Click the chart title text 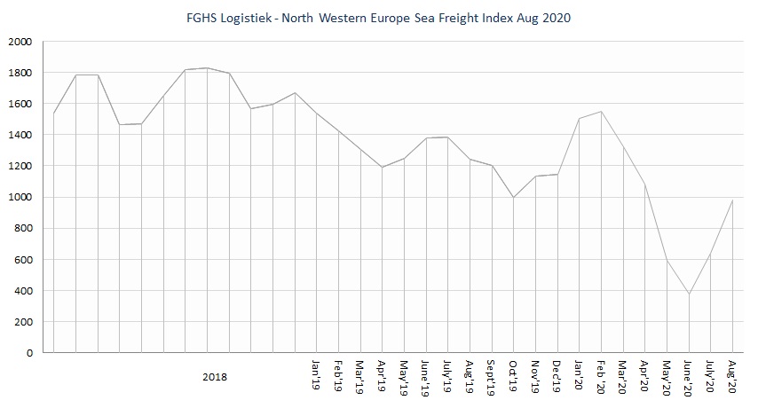[379, 18]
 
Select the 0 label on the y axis [28, 353]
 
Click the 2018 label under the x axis [214, 377]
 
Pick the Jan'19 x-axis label [316, 373]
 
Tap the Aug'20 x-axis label [731, 373]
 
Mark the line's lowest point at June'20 [688, 294]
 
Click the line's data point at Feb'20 [601, 112]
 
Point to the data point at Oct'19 [513, 198]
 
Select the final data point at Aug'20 [732, 200]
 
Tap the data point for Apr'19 [383, 168]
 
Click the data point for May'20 [667, 260]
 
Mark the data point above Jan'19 [317, 114]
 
